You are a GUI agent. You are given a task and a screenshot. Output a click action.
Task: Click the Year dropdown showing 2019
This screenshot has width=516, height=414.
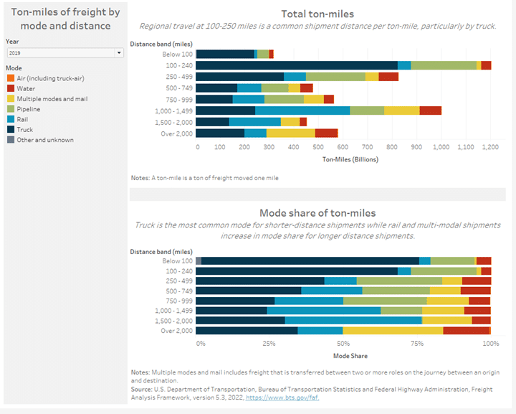coord(64,53)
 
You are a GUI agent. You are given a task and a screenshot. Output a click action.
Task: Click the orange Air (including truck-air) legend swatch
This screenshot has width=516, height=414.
coord(9,77)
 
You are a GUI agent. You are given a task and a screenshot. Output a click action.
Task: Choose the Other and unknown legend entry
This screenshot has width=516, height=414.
coord(44,140)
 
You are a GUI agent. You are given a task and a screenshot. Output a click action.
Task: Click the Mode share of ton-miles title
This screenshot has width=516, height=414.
coord(317,212)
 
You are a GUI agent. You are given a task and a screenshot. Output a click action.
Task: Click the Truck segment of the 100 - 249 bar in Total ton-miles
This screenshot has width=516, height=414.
coord(297,65)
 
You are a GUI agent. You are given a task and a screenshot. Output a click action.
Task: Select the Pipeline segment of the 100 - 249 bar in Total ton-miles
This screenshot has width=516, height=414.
coord(444,65)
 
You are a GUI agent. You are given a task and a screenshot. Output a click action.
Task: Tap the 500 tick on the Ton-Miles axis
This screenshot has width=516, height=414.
coord(320,147)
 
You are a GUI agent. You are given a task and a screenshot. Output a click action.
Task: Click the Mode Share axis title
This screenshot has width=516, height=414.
coord(350,355)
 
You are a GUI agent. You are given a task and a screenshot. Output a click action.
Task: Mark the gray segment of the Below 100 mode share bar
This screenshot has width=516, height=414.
coord(199,260)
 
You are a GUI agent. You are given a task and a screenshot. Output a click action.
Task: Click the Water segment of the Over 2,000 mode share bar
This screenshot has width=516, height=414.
coord(466,330)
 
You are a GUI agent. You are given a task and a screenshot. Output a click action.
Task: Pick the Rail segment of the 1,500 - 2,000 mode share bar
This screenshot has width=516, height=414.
coord(353,319)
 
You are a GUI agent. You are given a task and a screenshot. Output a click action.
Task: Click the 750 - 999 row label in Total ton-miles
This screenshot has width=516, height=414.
coord(176,99)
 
